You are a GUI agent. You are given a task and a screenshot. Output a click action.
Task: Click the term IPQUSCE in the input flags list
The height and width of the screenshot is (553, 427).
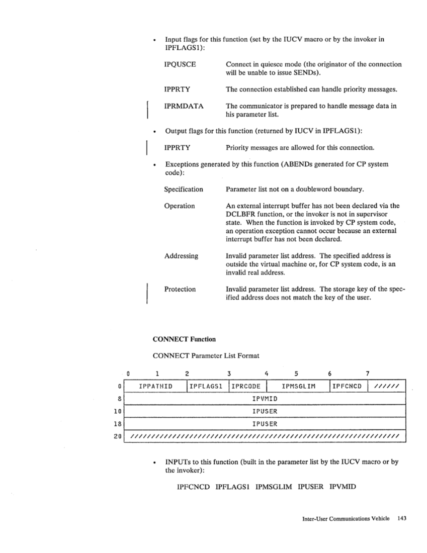tap(180, 64)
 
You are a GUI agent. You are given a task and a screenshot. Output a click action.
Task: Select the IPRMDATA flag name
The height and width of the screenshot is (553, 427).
tap(184, 106)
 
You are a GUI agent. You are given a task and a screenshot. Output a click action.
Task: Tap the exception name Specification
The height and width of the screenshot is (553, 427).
tap(184, 190)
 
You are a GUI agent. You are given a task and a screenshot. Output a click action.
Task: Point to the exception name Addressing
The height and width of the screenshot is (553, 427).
tap(181, 256)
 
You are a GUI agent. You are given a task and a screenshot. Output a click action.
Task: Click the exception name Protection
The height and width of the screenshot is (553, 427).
tap(180, 289)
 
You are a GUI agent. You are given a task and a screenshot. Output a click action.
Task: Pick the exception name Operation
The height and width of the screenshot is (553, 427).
tap(180, 206)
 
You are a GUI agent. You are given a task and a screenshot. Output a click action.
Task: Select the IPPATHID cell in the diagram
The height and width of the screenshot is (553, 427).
tap(156, 386)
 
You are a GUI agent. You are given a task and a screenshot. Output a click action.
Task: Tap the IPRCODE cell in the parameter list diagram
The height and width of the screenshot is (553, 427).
tap(246, 386)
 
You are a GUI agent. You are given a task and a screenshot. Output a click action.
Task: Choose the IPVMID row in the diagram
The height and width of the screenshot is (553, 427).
tap(265, 399)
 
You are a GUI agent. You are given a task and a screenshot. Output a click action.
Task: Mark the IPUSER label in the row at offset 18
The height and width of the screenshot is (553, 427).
tap(265, 424)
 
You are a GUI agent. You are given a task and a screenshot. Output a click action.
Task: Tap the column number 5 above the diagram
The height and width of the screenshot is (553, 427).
tap(297, 374)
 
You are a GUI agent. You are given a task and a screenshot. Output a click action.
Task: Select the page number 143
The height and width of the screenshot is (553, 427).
tap(401, 518)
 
